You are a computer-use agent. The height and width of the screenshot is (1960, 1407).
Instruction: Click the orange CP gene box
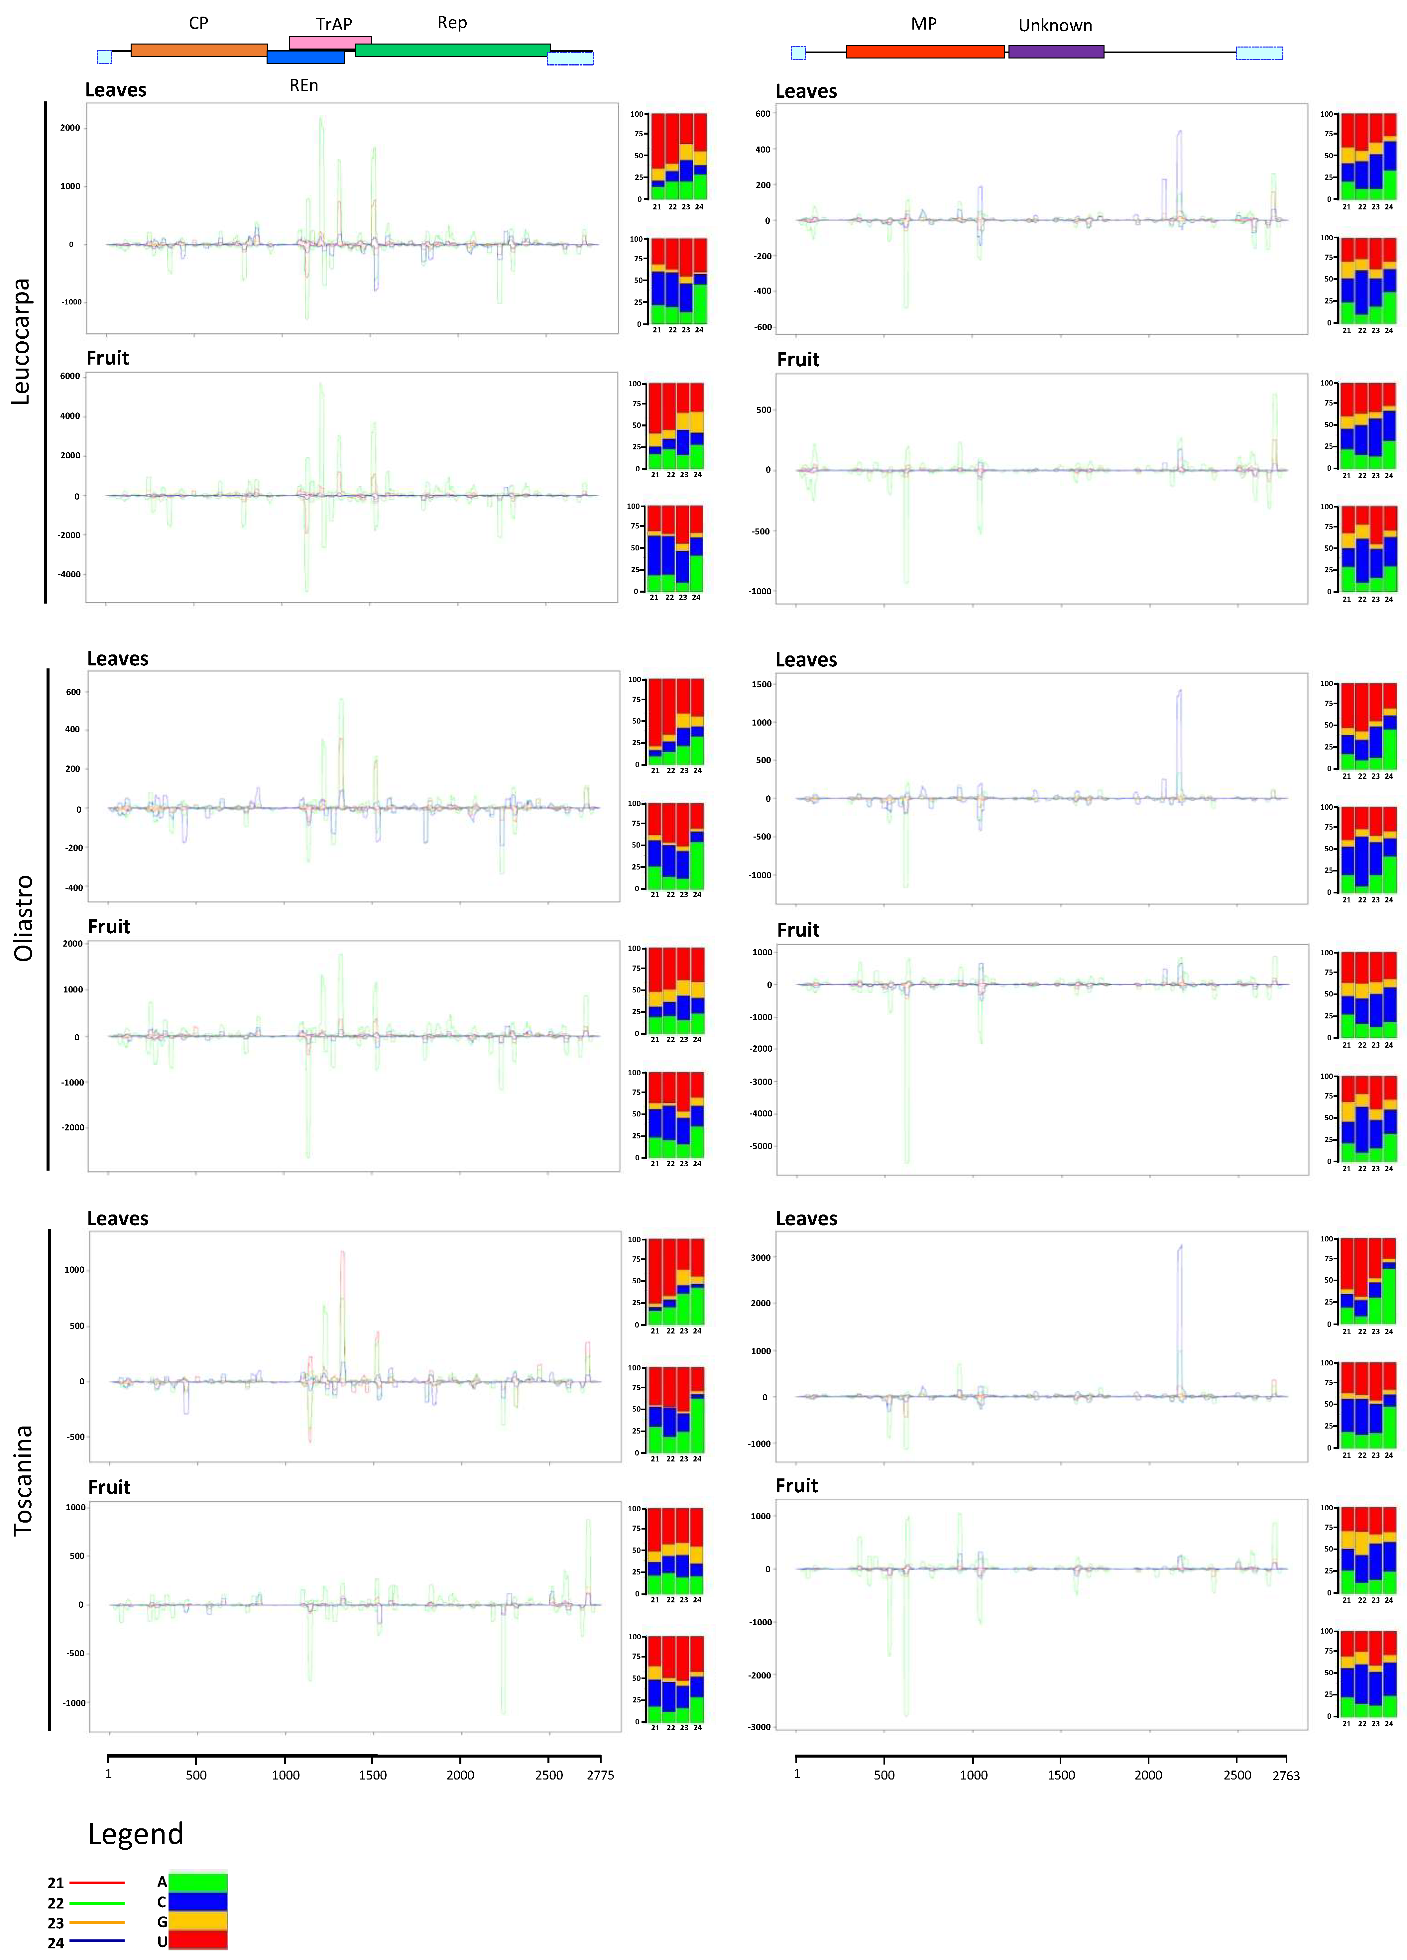199,50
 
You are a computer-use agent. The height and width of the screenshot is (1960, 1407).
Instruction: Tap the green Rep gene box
452,50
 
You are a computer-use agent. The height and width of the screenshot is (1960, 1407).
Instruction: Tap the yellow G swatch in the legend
198,1921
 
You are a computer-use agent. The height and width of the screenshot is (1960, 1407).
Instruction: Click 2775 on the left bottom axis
600,1775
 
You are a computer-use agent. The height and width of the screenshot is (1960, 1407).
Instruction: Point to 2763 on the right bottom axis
1285,1776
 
